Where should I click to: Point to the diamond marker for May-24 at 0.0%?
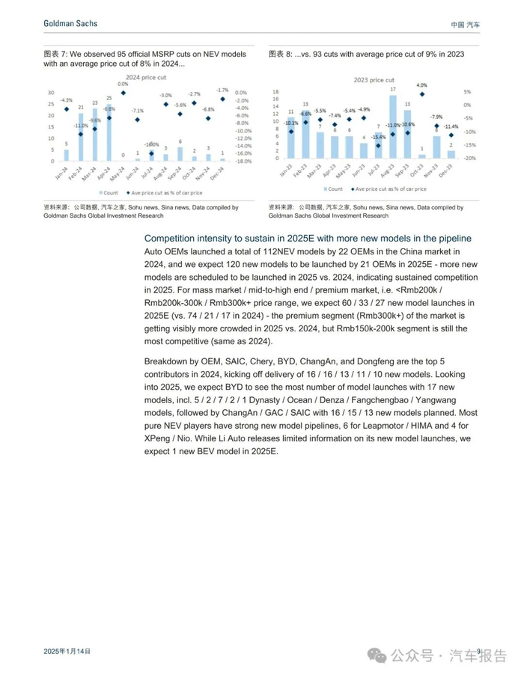124,93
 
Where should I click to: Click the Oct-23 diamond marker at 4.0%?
422,94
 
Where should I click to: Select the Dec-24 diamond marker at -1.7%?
222,99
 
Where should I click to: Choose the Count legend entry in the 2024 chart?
107,192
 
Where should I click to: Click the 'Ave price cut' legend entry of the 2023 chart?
384,191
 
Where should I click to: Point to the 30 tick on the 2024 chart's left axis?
51,92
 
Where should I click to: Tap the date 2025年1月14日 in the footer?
67,652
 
